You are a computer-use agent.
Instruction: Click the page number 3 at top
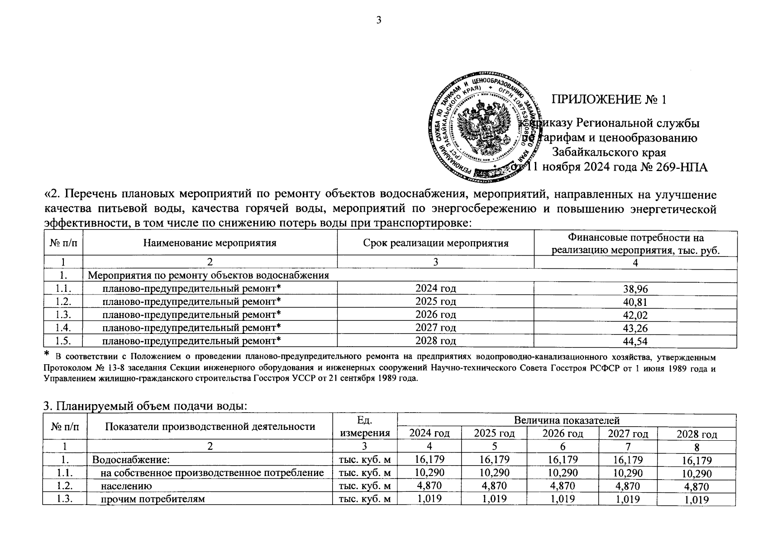point(379,19)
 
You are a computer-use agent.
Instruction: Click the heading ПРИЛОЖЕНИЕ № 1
point(609,100)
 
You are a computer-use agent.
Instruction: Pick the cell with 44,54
point(635,341)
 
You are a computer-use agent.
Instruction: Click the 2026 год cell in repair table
point(435,314)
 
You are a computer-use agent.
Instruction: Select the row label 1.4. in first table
point(63,328)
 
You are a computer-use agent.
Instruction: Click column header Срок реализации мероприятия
point(435,243)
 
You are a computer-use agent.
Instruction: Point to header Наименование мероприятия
point(210,243)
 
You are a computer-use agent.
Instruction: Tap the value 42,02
point(635,315)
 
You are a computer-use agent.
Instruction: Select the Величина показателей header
point(566,421)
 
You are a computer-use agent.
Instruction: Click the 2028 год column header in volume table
point(696,434)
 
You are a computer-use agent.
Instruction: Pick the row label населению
point(126,486)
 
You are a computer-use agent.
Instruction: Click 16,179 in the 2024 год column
point(429,460)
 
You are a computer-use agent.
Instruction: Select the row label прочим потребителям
point(153,500)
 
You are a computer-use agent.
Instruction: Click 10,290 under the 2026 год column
point(562,473)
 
